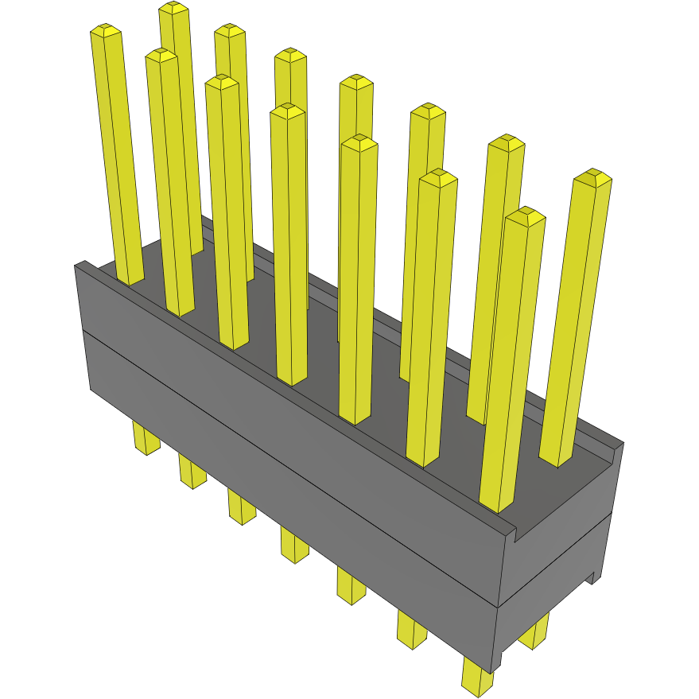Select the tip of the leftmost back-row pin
tap(173, 8)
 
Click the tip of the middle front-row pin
tap(287, 111)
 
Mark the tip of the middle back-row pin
tap(356, 81)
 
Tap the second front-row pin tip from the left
tap(161, 55)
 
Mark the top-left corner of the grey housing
tap(76, 265)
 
